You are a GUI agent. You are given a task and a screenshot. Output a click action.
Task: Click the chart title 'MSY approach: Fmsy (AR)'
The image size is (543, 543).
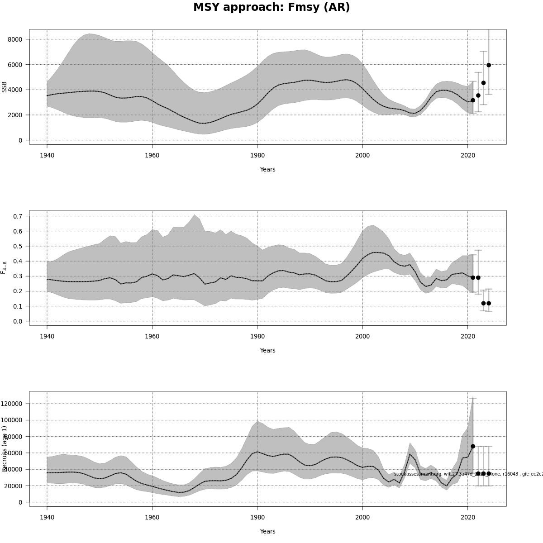(x=271, y=8)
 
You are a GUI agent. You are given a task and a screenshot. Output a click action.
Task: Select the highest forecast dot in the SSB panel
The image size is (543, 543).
(x=489, y=65)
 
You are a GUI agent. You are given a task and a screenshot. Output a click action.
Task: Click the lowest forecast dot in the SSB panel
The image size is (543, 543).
(x=473, y=100)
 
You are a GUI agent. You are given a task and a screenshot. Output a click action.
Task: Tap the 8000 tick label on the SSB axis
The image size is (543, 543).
(x=15, y=39)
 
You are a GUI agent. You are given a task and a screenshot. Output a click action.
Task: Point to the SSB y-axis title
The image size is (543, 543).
(x=5, y=87)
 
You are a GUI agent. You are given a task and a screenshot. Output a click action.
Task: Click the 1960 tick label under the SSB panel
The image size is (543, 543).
(x=152, y=155)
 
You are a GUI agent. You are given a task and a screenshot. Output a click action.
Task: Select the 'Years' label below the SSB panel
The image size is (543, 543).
(x=267, y=170)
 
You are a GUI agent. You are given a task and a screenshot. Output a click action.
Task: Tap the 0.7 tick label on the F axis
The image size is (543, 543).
(x=18, y=216)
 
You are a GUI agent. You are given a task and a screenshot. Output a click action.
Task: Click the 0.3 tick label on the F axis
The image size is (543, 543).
(x=18, y=276)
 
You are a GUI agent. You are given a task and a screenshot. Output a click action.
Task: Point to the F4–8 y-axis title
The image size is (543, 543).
(x=5, y=267)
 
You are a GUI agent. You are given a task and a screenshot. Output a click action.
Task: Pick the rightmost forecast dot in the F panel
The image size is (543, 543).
(x=489, y=303)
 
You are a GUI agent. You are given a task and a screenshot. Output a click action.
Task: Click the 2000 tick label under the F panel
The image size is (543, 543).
(x=362, y=336)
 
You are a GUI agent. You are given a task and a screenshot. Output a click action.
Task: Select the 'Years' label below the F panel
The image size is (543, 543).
(x=267, y=351)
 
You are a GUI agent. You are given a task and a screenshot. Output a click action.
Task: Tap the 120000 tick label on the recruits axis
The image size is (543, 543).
(x=12, y=404)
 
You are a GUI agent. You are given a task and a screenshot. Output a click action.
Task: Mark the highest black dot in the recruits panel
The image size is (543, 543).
(x=473, y=446)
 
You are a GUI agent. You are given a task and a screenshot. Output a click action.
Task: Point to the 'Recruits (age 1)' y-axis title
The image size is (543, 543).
(x=5, y=448)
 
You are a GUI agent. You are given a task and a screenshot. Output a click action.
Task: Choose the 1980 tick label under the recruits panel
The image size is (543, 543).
(x=257, y=517)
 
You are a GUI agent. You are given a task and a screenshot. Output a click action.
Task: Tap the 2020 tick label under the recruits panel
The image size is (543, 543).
(x=467, y=517)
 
